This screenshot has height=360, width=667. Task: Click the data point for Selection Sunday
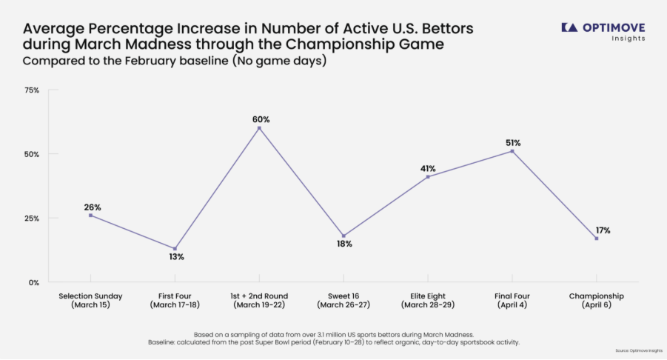click(x=90, y=215)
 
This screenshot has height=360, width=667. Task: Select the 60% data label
click(x=260, y=119)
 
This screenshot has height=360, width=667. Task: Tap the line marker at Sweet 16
click(x=343, y=236)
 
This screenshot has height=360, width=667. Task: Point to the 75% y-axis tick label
click(x=32, y=90)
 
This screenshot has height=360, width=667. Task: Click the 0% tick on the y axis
click(x=34, y=282)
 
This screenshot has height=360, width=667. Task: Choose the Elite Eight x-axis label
click(x=427, y=300)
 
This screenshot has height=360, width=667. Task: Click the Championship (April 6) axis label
click(x=596, y=300)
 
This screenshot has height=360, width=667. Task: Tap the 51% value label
click(x=513, y=143)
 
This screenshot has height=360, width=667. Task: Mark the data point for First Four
click(x=175, y=248)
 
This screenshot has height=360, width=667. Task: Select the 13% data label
click(x=175, y=257)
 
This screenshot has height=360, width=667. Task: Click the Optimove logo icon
click(x=569, y=27)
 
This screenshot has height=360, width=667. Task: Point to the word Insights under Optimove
click(x=628, y=39)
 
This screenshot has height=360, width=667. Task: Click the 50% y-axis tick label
click(x=32, y=154)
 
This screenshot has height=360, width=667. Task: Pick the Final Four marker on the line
click(x=512, y=151)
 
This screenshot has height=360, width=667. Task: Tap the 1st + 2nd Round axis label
click(x=259, y=300)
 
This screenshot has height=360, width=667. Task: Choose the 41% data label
click(x=428, y=168)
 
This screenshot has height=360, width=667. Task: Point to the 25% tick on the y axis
click(x=32, y=219)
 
